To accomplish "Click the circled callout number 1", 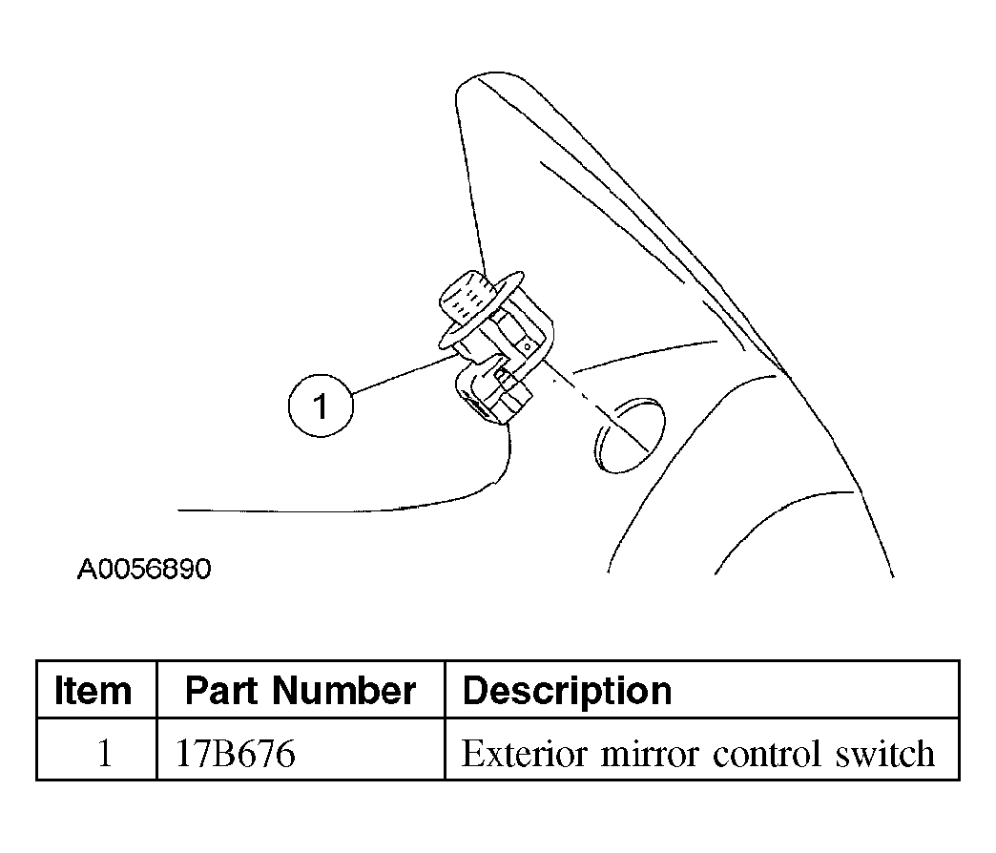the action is coord(321,406).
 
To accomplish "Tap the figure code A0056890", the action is coord(144,569).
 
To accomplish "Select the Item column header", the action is coord(93,691).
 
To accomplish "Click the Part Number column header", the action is coord(301,691).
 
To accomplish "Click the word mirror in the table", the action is coord(650,754).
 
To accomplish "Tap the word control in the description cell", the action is coord(767,754).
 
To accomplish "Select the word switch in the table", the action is coord(884,754).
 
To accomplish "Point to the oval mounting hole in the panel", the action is coord(630,436).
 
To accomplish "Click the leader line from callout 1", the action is coord(405,373).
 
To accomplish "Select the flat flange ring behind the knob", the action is coord(481,311).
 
